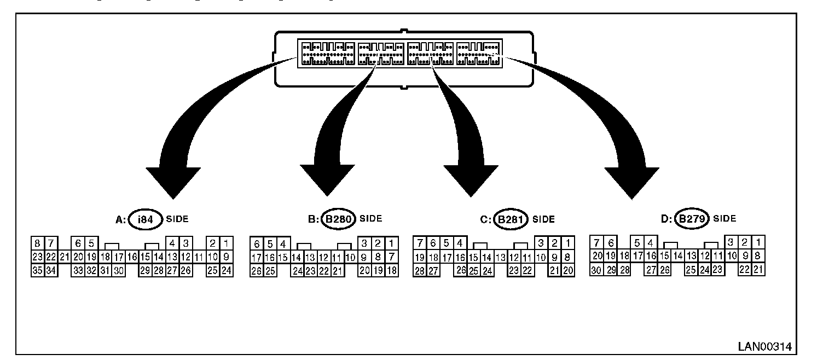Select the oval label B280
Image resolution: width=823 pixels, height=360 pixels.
pyautogui.click(x=338, y=219)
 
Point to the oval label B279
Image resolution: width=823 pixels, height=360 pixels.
pyautogui.click(x=692, y=219)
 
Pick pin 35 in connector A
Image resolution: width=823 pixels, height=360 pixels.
pyautogui.click(x=37, y=270)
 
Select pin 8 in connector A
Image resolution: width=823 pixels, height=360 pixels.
pyautogui.click(x=37, y=243)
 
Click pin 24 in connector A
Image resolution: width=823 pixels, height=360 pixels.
pyautogui.click(x=227, y=270)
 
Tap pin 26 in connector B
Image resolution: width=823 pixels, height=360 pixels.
pyautogui.click(x=256, y=270)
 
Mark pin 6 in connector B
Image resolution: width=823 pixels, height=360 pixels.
pyautogui.click(x=256, y=243)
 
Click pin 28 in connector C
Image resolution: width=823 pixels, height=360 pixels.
pyautogui.click(x=420, y=270)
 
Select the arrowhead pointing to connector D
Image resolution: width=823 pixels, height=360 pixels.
pyautogui.click(x=631, y=181)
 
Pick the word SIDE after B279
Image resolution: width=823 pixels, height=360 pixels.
pyautogui.click(x=725, y=219)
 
